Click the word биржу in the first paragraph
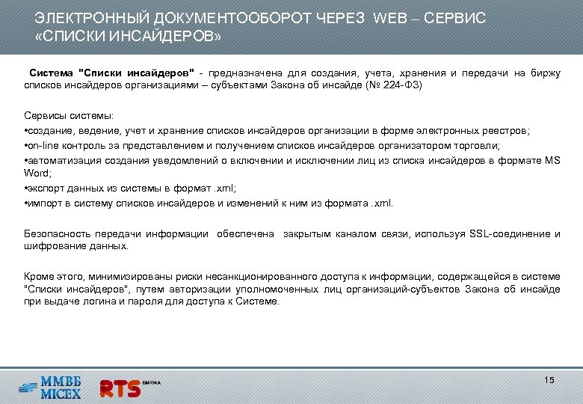[545, 73]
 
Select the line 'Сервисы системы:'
[69, 116]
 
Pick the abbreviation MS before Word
[552, 159]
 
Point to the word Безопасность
[59, 233]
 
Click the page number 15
[549, 381]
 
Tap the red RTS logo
[120, 388]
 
